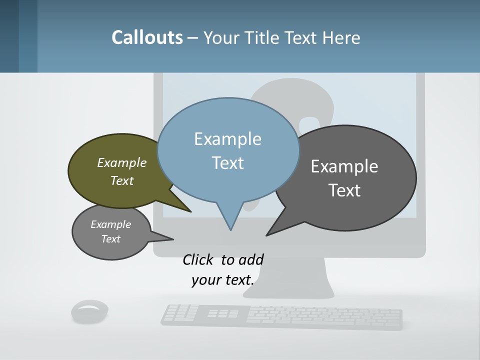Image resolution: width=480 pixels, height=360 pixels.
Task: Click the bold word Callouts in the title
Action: click(147, 37)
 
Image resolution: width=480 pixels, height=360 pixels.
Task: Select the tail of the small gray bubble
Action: click(167, 238)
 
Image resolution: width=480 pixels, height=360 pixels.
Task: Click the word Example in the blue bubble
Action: click(227, 139)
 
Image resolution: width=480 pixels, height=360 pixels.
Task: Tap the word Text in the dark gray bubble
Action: click(344, 190)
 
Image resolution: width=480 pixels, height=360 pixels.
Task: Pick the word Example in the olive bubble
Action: click(122, 163)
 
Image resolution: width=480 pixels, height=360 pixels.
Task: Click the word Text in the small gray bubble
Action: click(111, 239)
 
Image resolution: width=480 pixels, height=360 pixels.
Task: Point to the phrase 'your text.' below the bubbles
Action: click(223, 280)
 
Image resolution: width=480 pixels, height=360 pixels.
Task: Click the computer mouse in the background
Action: click(89, 311)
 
